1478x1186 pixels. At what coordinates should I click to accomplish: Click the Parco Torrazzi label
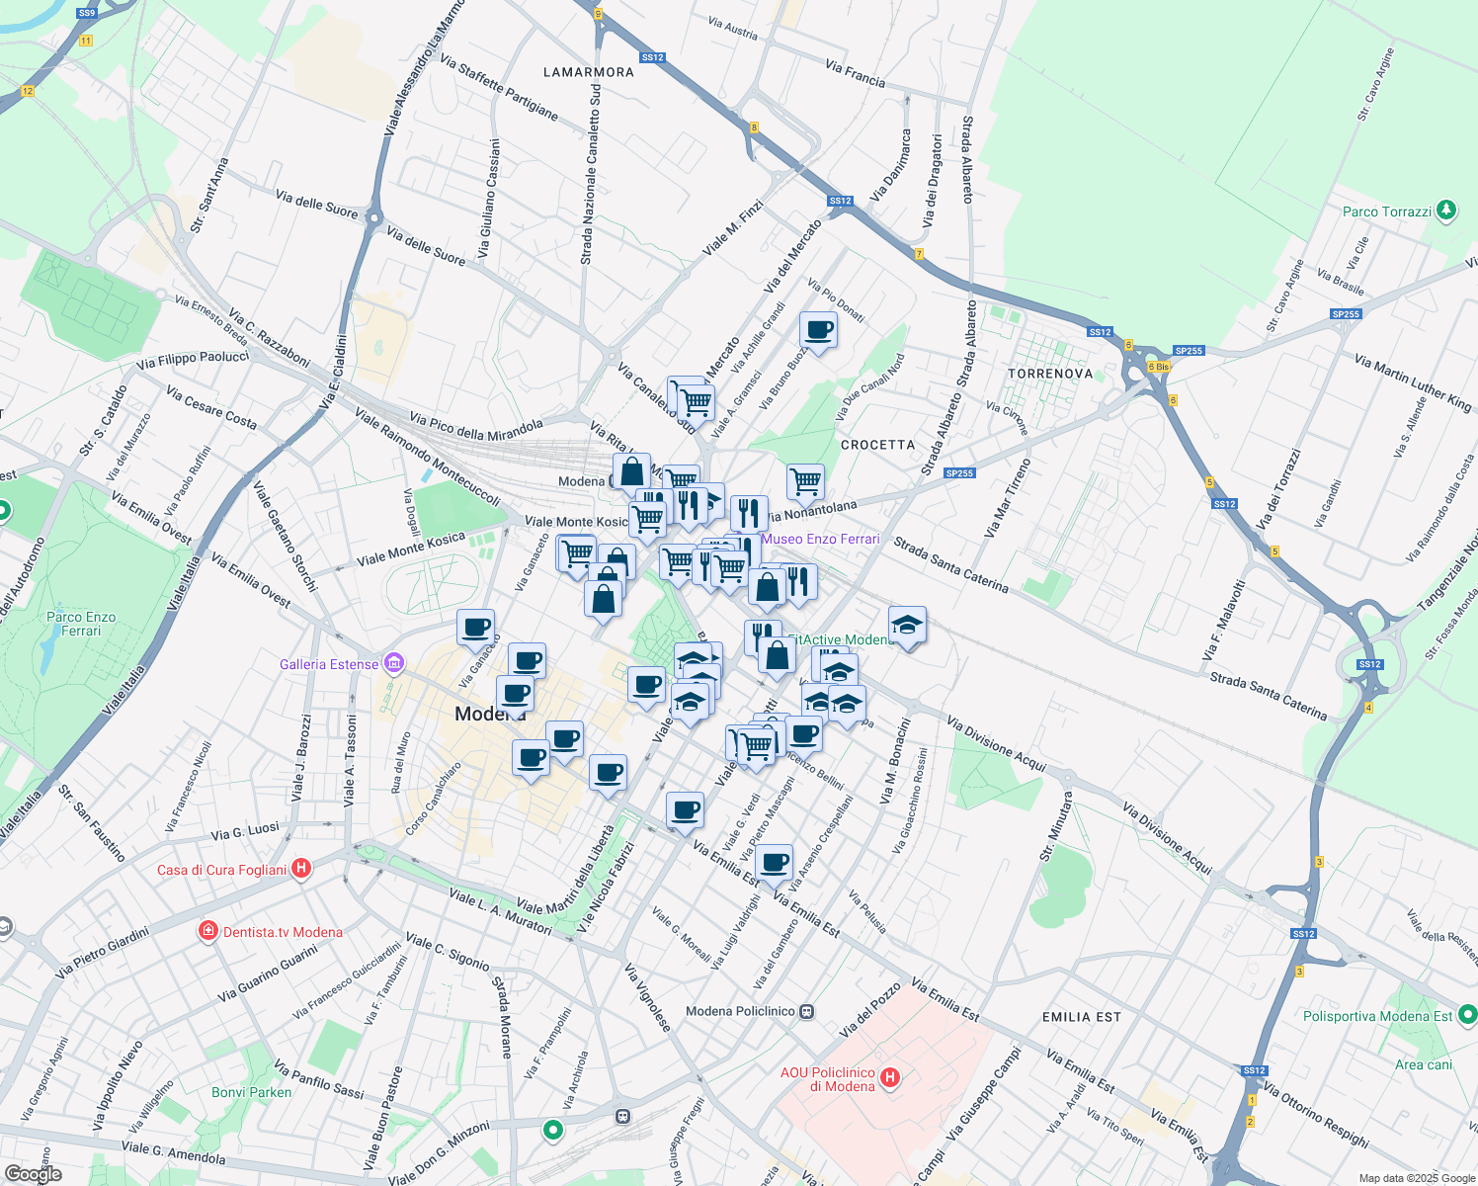pos(1386,212)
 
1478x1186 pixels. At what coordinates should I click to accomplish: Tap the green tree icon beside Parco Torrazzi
pos(1446,210)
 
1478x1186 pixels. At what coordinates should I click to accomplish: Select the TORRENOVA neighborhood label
pos(1050,374)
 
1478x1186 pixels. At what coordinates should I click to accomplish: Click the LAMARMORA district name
pos(589,72)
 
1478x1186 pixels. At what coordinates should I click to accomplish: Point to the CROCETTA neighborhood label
pos(877,445)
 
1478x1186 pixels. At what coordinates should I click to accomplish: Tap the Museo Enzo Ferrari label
pos(821,539)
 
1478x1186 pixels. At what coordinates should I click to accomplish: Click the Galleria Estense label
pos(329,664)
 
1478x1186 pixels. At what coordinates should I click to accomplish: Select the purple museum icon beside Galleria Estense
pos(395,662)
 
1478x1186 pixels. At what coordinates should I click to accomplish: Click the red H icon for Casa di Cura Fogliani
pos(302,869)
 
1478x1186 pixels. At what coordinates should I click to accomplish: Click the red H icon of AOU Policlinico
pos(890,1077)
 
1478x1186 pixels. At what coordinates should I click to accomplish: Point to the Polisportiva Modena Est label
pos(1377,1016)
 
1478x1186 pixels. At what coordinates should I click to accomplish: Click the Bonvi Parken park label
pos(251,1092)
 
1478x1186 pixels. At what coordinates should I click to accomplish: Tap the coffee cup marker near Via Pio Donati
pos(818,330)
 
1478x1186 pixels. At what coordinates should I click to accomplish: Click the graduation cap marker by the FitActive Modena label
pos(907,625)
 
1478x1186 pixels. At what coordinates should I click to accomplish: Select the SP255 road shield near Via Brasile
pos(1346,314)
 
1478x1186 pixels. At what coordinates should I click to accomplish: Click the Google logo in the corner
pos(33,1174)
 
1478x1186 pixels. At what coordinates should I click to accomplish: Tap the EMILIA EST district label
pos(1081,1017)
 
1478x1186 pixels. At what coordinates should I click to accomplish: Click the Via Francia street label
pos(856,73)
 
